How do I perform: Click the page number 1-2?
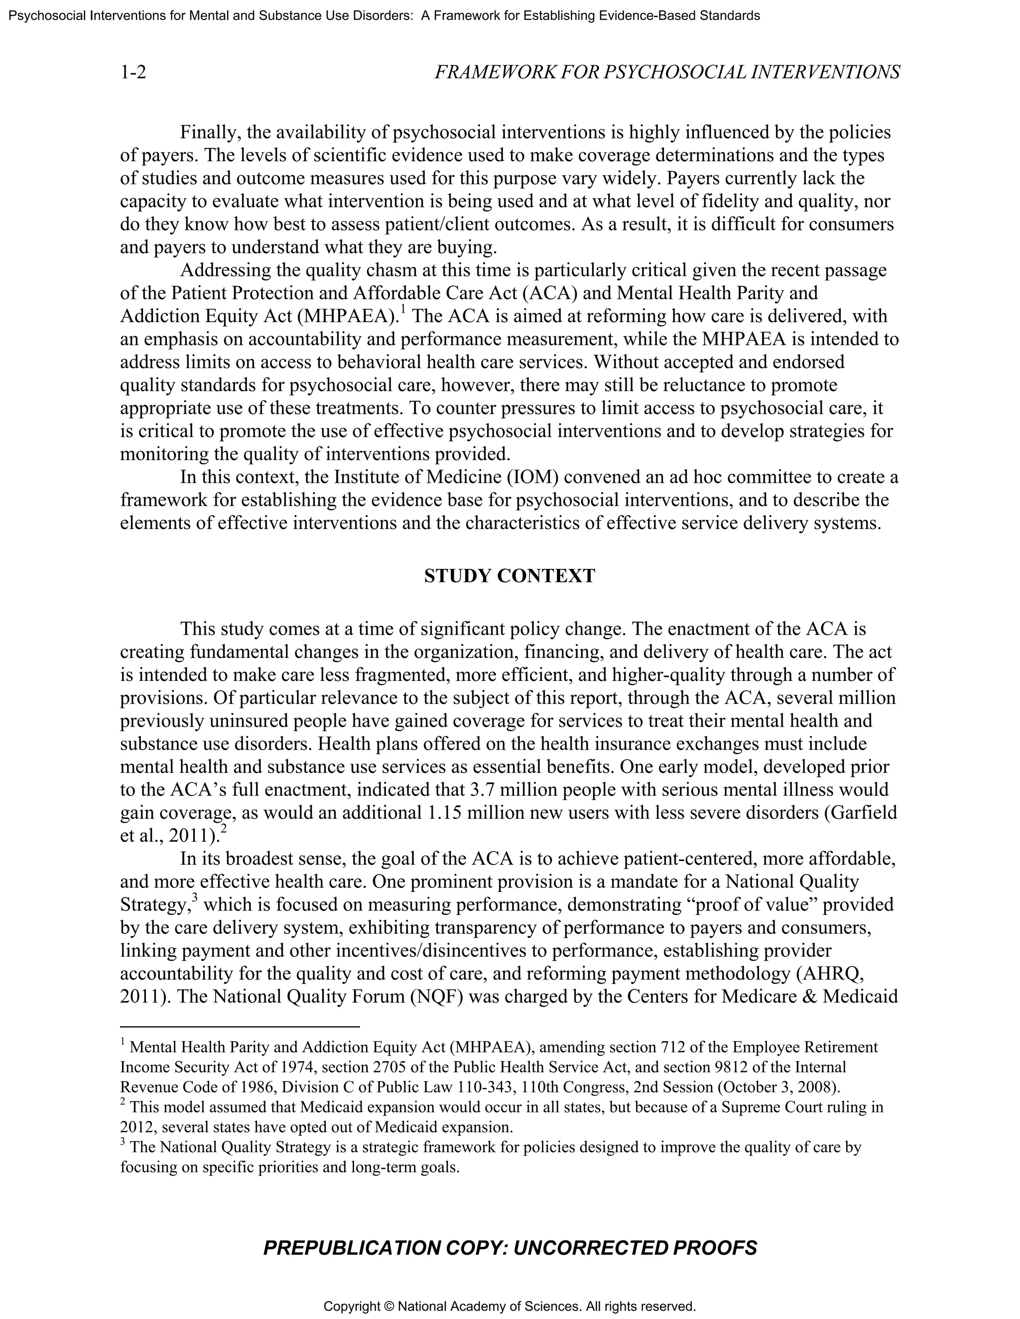click(x=133, y=73)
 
